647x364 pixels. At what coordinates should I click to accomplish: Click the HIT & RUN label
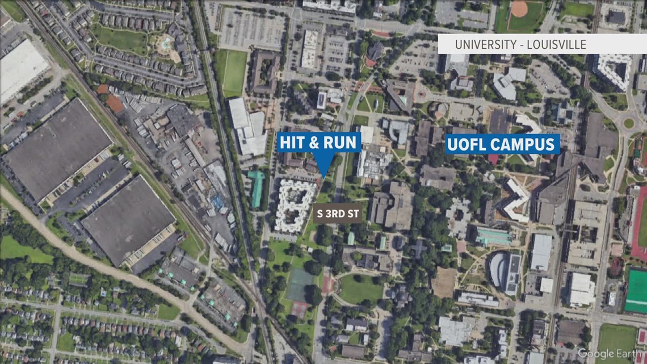tap(319, 143)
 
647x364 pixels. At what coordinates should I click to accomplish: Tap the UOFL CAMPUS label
tap(503, 144)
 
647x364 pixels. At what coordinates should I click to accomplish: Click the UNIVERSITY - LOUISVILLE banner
tap(542, 44)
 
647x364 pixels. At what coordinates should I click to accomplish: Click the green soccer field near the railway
tap(234, 73)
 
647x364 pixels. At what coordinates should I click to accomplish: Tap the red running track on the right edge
tap(640, 221)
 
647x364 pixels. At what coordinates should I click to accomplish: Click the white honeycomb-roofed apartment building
tap(295, 205)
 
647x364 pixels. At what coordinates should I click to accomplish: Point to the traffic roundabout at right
tap(628, 123)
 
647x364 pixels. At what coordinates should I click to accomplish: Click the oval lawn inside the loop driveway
tap(361, 289)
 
